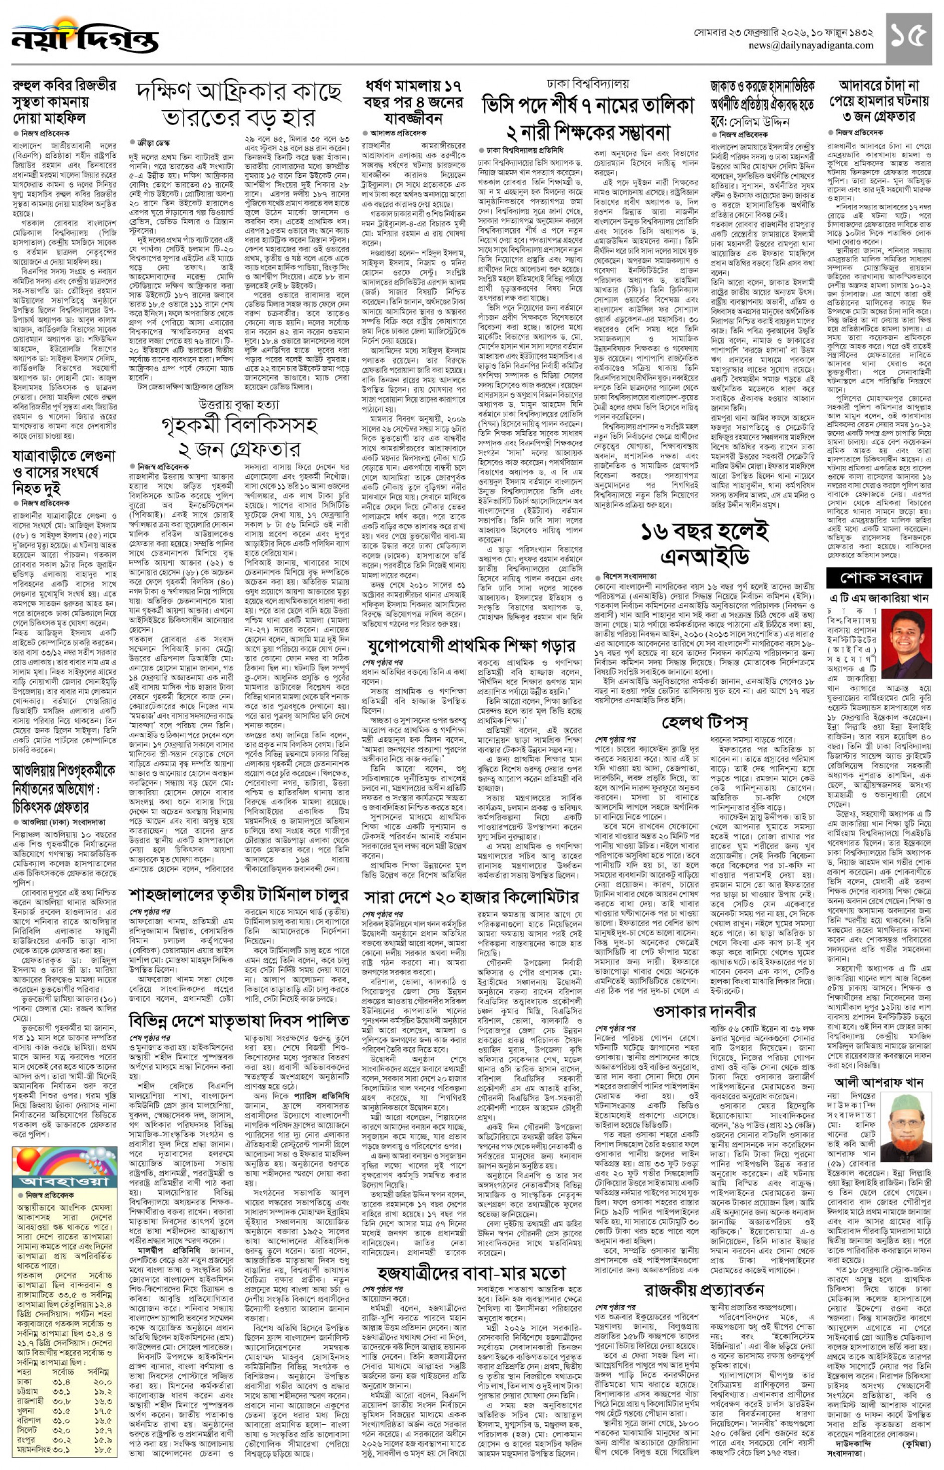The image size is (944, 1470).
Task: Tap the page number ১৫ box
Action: [908, 38]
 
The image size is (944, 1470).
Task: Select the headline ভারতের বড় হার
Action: [238, 117]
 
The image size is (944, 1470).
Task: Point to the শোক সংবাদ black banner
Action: [878, 577]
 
